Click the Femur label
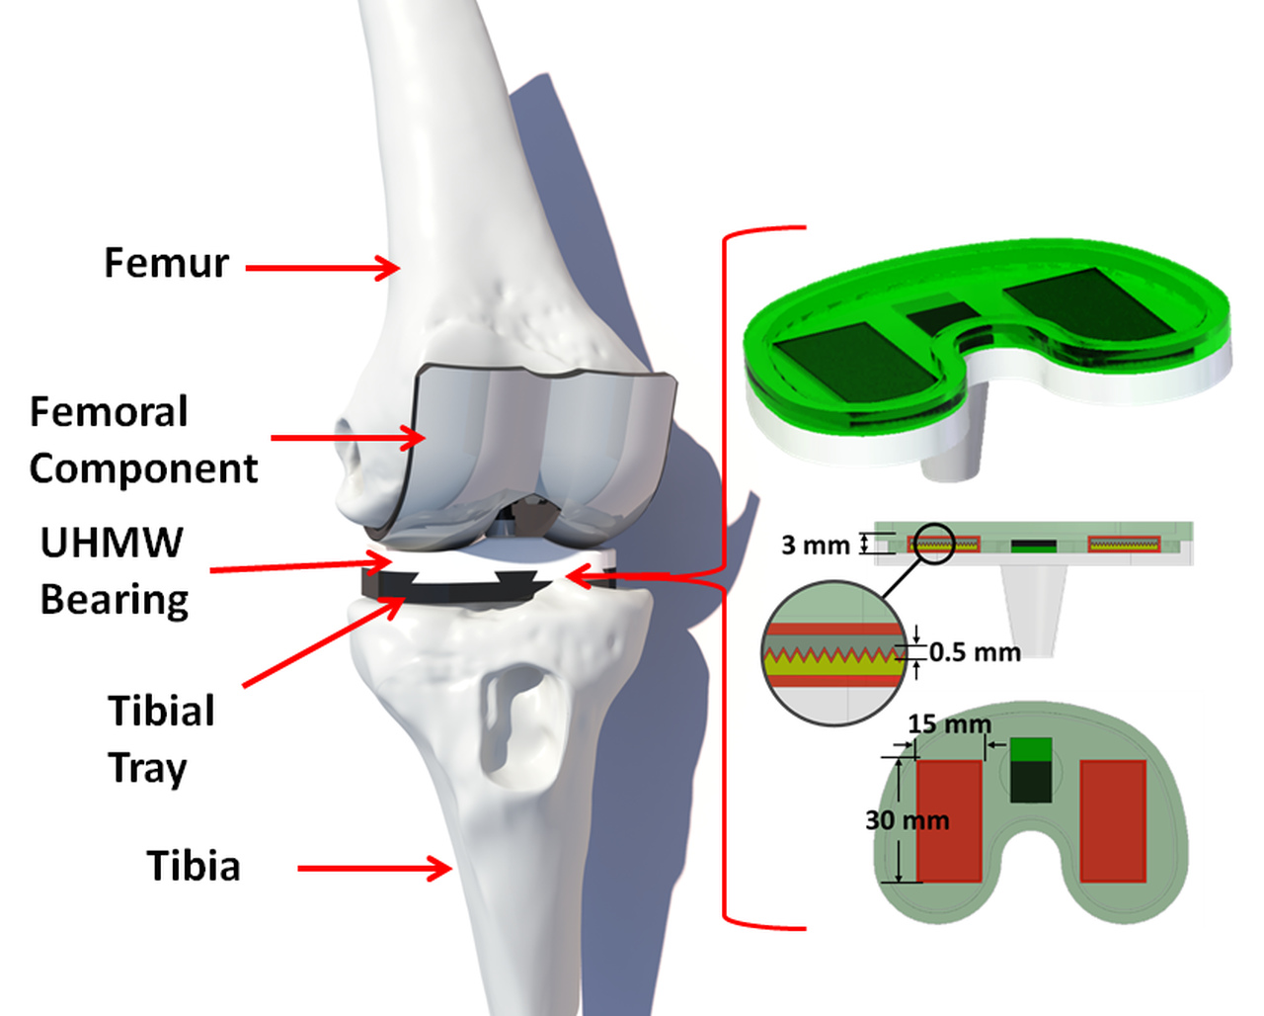pos(166,263)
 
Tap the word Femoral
pos(109,412)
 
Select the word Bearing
pos(115,600)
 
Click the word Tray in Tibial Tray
pos(147,768)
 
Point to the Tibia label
pos(194,866)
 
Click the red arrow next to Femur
pos(322,267)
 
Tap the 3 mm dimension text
pos(815,545)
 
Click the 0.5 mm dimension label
pos(974,652)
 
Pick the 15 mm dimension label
pos(948,724)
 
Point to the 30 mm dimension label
pos(907,820)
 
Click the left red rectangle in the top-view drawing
pos(949,820)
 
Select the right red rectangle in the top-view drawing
pos(1113,820)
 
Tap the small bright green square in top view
pos(1031,749)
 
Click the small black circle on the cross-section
pos(932,544)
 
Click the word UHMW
pos(112,543)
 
